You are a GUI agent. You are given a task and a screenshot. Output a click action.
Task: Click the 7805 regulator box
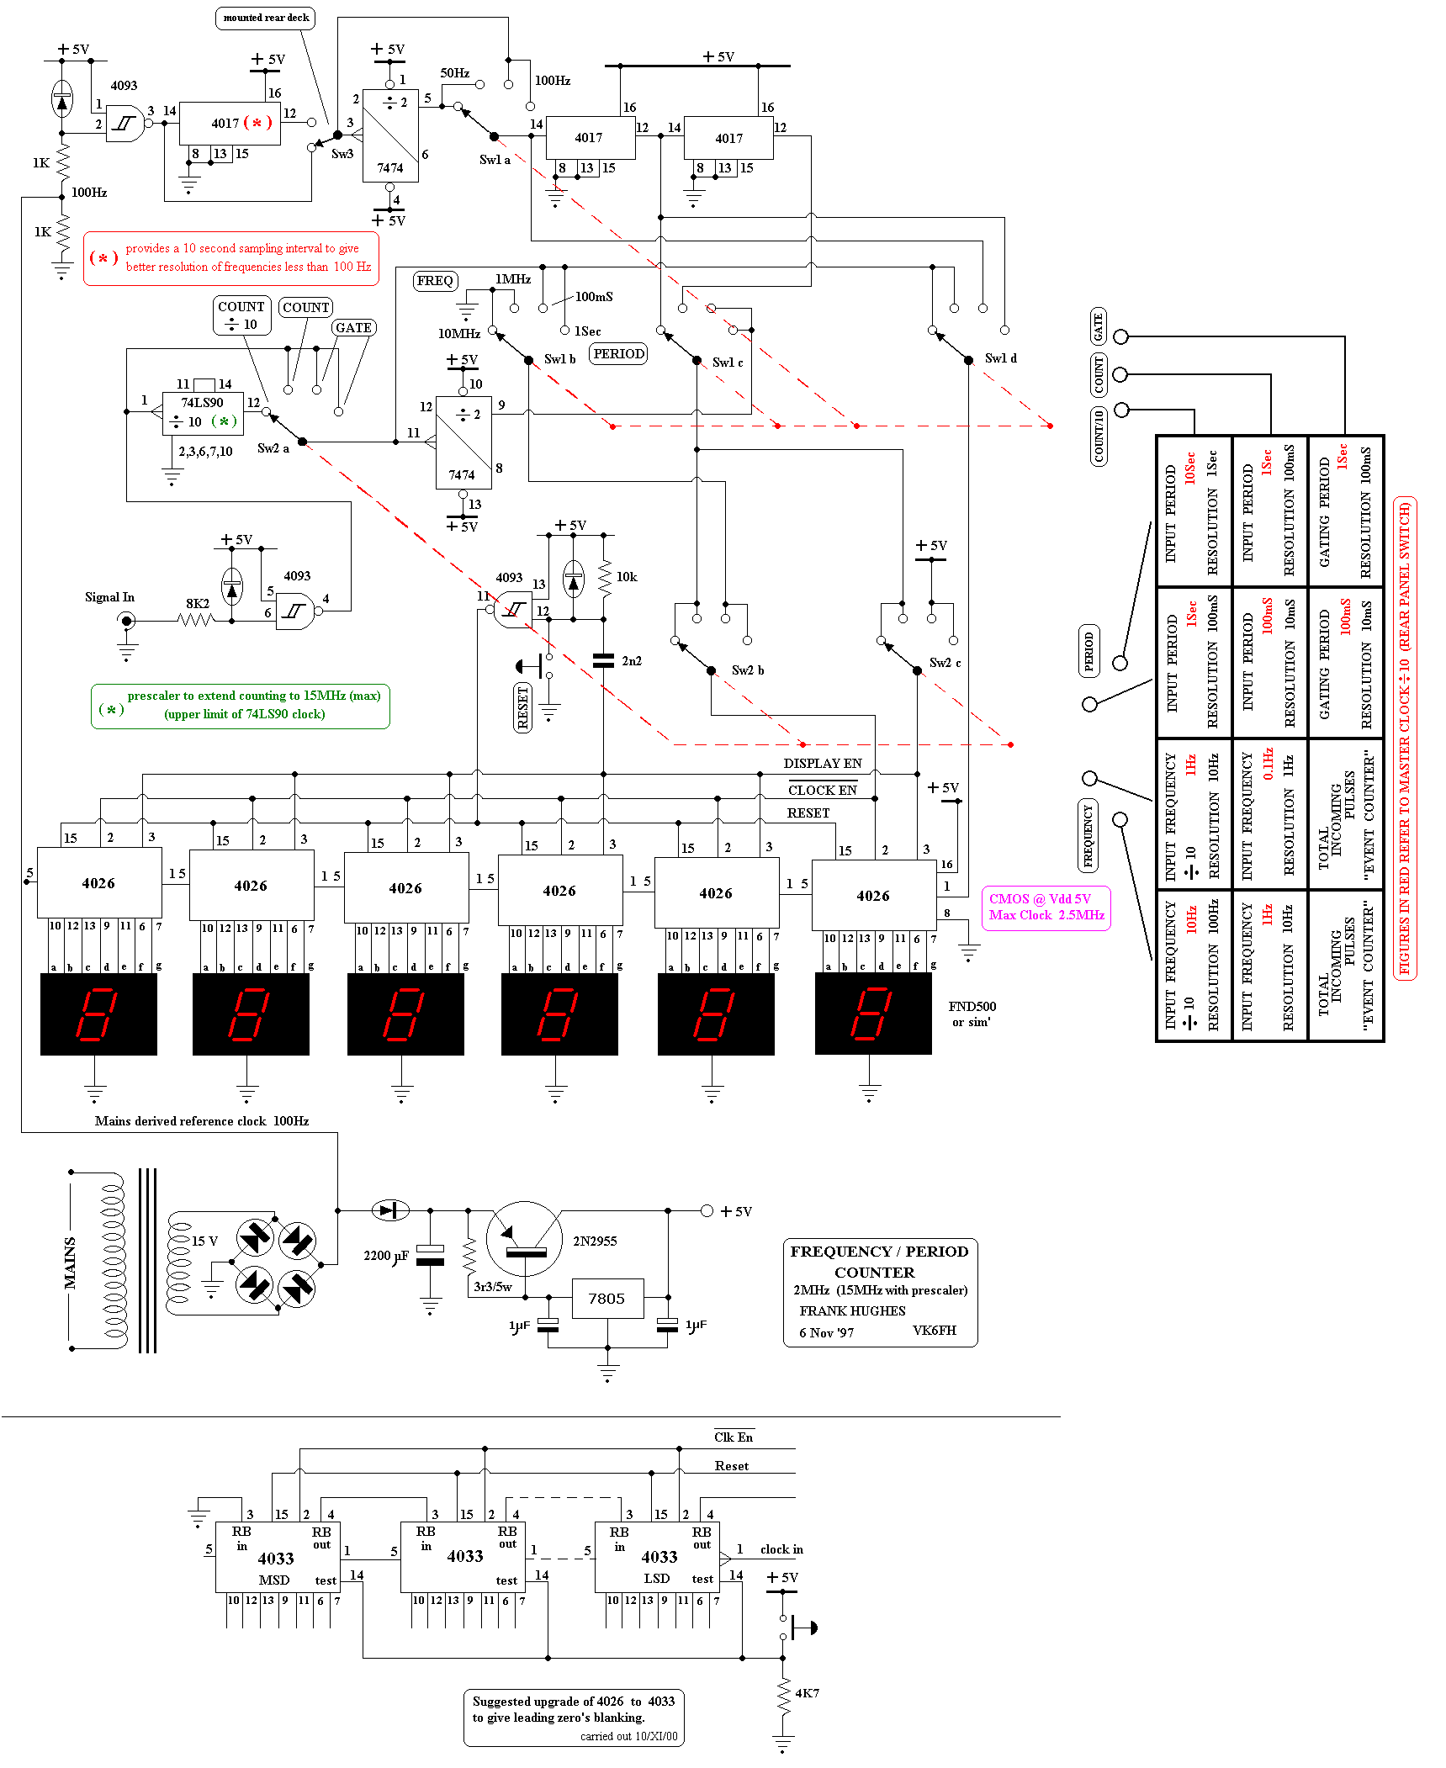click(x=607, y=1299)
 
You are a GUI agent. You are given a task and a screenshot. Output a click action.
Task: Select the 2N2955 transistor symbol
click(x=524, y=1239)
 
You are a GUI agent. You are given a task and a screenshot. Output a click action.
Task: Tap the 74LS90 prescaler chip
click(x=203, y=413)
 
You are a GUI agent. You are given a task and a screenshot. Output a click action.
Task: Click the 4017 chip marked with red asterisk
click(x=230, y=124)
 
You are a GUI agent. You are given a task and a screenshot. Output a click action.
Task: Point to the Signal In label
click(x=109, y=597)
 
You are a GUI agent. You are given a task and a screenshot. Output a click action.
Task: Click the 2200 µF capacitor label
click(x=386, y=1256)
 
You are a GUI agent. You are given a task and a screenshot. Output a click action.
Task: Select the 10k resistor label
click(x=627, y=577)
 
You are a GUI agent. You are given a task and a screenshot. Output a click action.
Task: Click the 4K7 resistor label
click(x=807, y=1693)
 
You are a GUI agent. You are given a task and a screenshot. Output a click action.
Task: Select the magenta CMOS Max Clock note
click(x=1046, y=908)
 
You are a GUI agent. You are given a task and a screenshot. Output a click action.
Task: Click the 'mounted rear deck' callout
click(x=266, y=18)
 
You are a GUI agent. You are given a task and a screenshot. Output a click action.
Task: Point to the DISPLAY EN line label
click(x=822, y=764)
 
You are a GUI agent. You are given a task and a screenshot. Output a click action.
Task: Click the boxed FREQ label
click(x=435, y=281)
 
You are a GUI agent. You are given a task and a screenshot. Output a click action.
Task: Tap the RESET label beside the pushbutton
click(x=522, y=707)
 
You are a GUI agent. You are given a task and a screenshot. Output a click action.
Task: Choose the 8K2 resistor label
click(x=198, y=604)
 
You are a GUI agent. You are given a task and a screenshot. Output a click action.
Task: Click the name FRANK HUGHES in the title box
click(x=852, y=1311)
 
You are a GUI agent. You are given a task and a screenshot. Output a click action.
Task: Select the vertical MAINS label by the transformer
click(x=70, y=1262)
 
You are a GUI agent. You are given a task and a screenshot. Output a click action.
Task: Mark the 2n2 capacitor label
click(x=632, y=661)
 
